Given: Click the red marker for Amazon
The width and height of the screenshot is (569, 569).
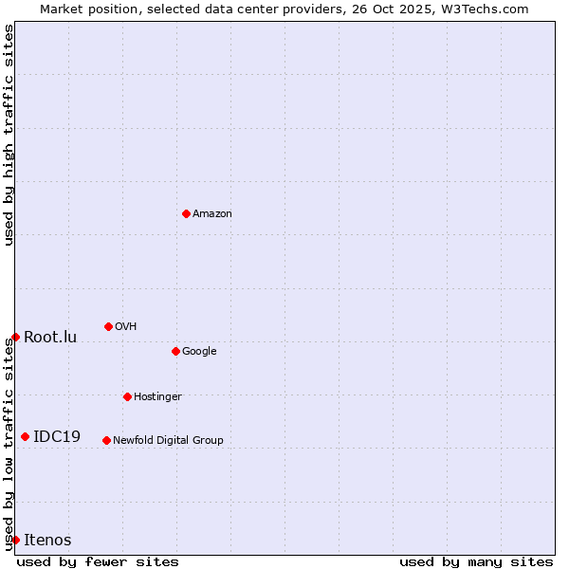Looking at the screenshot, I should click(186, 213).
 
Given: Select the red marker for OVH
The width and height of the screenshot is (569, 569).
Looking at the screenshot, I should click(108, 326).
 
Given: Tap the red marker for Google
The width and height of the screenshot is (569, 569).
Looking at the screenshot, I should click(175, 351).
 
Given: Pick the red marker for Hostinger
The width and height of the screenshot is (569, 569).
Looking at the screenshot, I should click(127, 396).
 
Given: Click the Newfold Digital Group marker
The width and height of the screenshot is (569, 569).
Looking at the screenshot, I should click(106, 440).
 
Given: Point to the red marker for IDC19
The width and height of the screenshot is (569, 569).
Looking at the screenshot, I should click(25, 436).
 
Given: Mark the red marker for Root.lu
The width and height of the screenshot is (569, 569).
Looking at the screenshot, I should click(15, 337).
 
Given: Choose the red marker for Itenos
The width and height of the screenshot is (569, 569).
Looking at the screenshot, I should click(15, 540).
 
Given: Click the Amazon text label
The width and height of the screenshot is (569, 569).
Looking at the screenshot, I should click(212, 214).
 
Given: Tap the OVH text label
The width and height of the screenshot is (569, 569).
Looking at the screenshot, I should click(126, 327).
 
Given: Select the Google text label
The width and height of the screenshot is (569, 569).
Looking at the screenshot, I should click(199, 352).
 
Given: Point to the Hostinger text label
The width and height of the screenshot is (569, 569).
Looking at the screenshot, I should click(157, 397).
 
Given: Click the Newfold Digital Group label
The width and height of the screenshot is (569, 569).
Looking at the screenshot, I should click(168, 441).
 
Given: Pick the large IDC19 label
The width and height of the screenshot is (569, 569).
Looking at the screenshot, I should click(57, 437).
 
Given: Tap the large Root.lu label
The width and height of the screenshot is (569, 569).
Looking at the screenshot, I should click(50, 338).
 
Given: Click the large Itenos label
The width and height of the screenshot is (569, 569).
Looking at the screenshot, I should click(47, 541).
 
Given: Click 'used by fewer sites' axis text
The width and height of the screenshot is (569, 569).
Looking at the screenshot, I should click(98, 561).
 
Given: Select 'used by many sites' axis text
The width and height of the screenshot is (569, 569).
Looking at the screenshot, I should click(476, 561).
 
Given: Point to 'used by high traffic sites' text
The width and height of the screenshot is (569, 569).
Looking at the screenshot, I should click(9, 135).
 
